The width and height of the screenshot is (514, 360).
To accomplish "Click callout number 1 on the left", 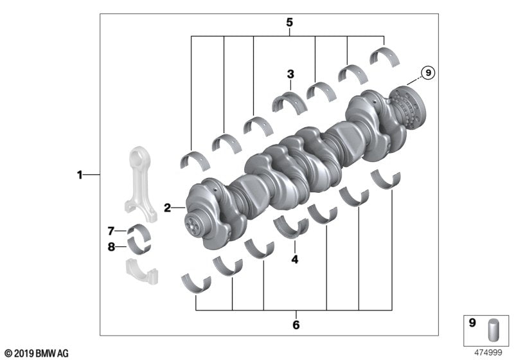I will pos(80,174).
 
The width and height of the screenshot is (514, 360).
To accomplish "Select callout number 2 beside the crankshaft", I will pos(167,208).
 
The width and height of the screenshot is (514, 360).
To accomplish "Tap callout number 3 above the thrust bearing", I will pos(290,74).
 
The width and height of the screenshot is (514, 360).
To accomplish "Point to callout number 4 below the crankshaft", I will pos(295,260).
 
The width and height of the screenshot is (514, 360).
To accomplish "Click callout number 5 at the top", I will pos(289,22).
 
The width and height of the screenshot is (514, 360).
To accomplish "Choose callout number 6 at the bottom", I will pos(296,325).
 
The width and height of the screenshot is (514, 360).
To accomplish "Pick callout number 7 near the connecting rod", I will pos(111,230).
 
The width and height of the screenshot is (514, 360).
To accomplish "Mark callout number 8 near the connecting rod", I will pos(111,246).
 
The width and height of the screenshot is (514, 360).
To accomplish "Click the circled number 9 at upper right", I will pos(427,73).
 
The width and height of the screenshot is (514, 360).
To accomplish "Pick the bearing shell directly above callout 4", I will pos(290,227).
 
